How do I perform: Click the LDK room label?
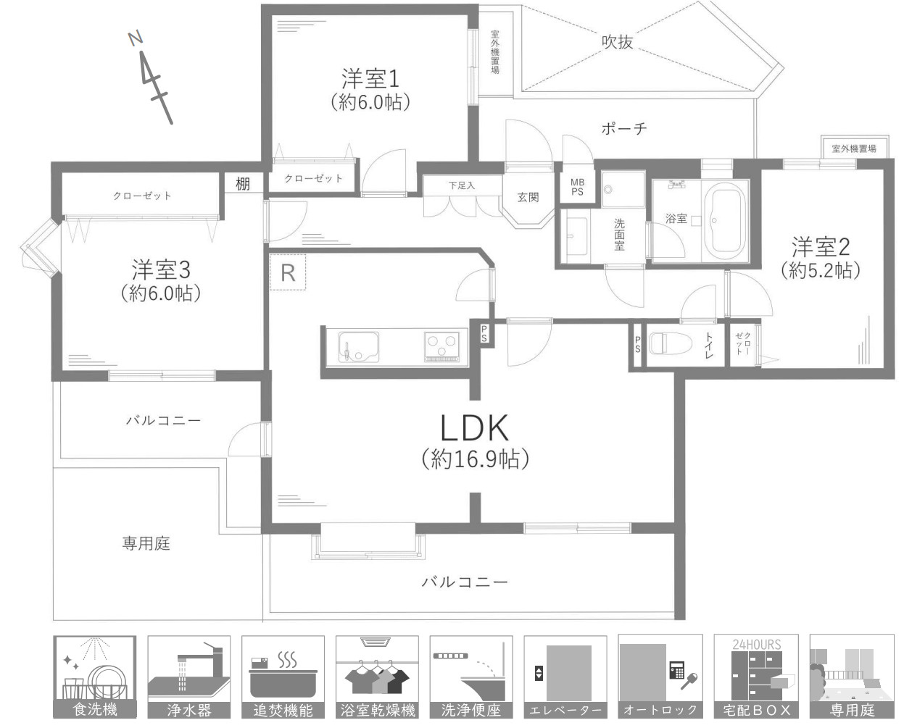point(475,430)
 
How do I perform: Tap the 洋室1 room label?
point(370,78)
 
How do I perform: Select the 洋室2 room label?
point(820,248)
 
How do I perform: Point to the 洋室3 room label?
point(160,270)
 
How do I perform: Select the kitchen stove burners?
point(443,346)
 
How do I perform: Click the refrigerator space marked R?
point(288,272)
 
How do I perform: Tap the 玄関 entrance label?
point(528,197)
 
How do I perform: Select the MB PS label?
point(577,187)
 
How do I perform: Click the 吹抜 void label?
point(617,42)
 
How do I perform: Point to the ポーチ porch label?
point(623,129)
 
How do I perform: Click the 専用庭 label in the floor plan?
point(146,543)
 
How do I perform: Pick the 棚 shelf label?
point(242,185)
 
